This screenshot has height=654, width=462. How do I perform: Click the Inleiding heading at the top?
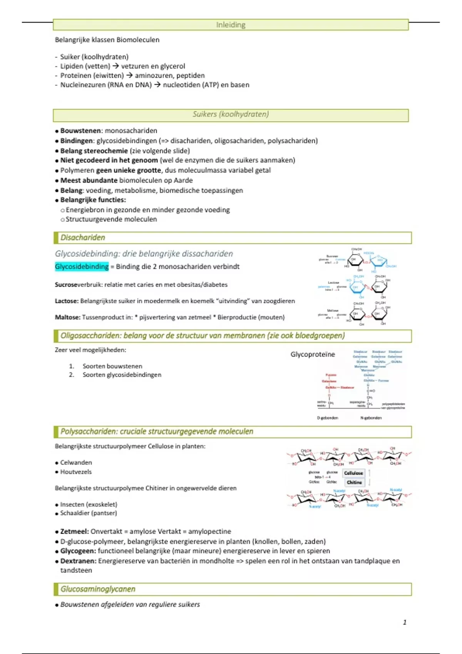point(231,25)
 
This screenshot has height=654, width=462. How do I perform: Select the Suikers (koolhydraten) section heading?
point(231,114)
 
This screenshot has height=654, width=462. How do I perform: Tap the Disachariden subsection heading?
point(82,238)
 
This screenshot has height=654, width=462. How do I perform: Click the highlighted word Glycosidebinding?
point(82,267)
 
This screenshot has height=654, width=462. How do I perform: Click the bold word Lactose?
point(67,301)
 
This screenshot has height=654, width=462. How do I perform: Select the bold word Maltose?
point(68,317)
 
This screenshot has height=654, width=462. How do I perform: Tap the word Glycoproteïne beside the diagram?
point(313,354)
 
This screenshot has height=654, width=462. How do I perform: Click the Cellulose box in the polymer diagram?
point(353,473)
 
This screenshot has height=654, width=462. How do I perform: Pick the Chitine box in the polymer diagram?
point(354,482)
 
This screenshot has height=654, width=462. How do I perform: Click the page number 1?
point(405,622)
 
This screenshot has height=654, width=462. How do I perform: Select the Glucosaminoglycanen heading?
point(98,589)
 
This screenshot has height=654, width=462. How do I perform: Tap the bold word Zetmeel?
point(75,532)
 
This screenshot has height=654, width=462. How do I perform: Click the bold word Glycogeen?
point(78,551)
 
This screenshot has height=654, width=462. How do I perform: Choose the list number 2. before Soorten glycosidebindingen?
point(72,375)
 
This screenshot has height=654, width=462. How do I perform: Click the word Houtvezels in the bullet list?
point(76,472)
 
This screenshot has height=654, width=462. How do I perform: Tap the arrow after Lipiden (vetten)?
point(115,66)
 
